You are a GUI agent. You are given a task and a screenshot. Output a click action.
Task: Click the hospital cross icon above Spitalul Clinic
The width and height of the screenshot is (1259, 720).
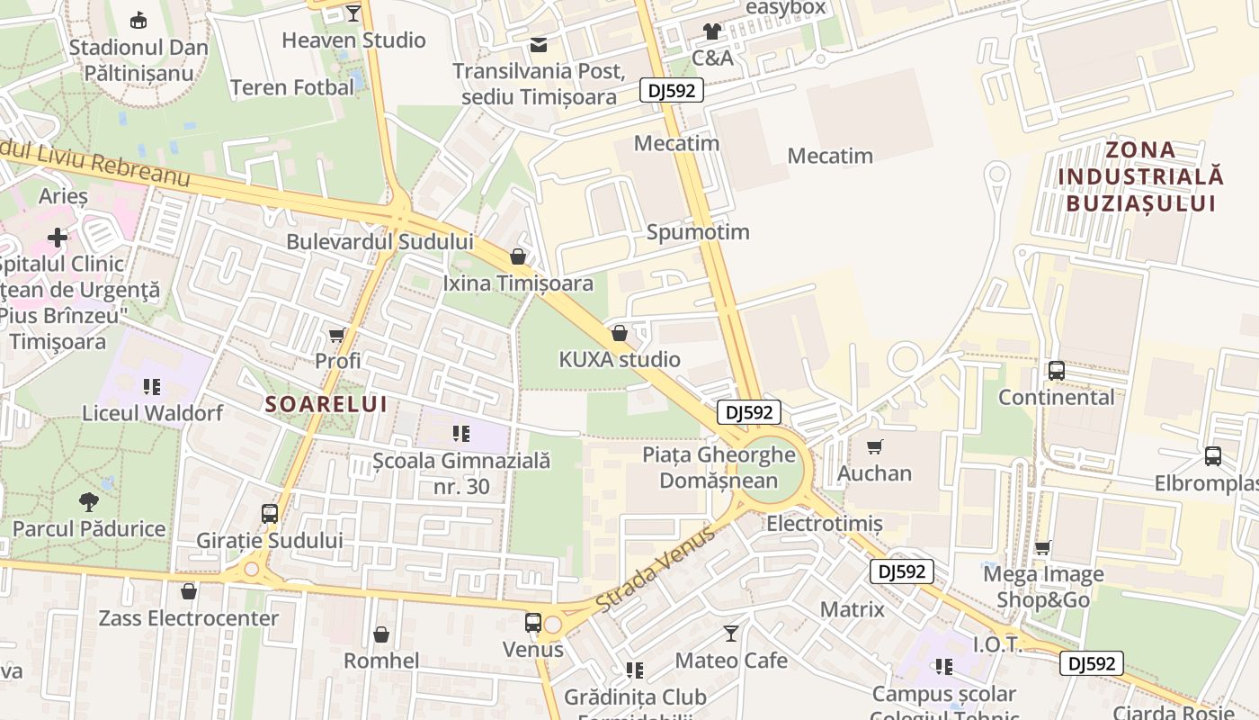[x=58, y=238]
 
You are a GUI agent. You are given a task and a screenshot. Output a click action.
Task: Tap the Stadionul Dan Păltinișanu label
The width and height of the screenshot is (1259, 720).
[x=138, y=60]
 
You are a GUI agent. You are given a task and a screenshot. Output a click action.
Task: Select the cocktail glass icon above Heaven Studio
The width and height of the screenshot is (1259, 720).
[x=353, y=13]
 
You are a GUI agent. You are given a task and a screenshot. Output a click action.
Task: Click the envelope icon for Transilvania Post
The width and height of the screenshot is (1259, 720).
[x=538, y=45]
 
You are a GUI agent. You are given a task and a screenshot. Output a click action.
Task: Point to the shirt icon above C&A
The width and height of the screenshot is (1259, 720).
[x=712, y=31]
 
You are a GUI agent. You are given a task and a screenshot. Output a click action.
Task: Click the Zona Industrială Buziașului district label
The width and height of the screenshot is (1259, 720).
[x=1140, y=176]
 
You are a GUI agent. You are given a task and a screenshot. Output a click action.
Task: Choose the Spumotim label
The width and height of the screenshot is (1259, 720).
[x=698, y=232]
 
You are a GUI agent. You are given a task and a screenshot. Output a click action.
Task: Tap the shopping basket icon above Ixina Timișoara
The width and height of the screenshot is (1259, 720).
[x=518, y=256]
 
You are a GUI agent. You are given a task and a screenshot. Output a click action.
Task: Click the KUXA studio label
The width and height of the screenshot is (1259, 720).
[x=620, y=360]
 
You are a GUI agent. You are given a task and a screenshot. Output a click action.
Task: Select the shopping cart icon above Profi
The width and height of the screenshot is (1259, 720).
[x=337, y=335]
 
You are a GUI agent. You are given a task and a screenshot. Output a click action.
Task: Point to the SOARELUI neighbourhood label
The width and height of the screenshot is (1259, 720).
[x=326, y=404]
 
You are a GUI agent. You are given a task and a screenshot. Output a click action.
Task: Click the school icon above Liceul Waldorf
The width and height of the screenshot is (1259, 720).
[x=152, y=387]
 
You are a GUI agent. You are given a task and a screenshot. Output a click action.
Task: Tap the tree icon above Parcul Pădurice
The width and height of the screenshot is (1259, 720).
[x=88, y=501]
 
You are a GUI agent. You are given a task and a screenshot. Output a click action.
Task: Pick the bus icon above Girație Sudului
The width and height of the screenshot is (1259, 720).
[x=270, y=514]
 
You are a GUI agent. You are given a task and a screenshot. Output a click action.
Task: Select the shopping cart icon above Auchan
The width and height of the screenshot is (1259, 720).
[x=875, y=446]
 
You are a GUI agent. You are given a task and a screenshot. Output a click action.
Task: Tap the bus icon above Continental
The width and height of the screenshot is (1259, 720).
[x=1057, y=370]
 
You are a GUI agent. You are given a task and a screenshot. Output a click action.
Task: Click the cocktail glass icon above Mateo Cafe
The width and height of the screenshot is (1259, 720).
[x=731, y=634]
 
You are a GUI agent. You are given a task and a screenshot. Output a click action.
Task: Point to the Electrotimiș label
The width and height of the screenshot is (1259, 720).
[x=824, y=523]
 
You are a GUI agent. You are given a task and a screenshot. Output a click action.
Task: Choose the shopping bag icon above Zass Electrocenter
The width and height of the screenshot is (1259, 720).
[x=189, y=591]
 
